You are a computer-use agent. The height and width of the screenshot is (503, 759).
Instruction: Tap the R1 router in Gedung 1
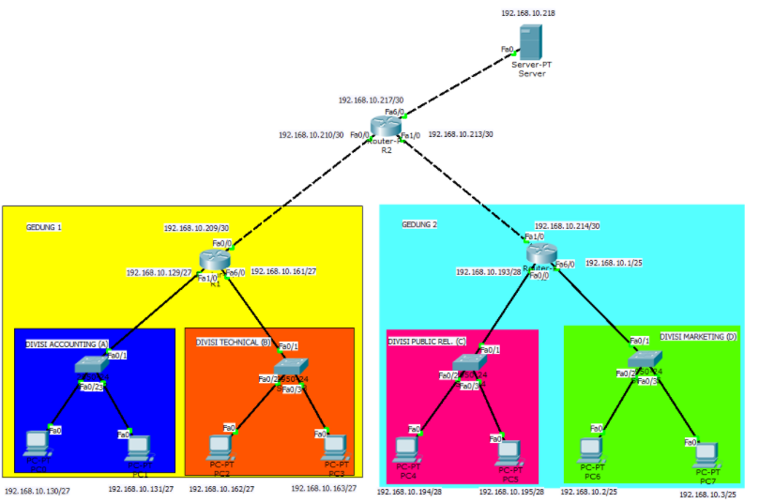[x=215, y=261]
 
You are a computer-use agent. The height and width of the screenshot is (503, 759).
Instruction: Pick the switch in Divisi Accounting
[x=93, y=367]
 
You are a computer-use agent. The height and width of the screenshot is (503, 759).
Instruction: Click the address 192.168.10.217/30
[x=372, y=99]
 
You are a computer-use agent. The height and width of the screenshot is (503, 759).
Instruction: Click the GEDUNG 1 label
[x=44, y=226]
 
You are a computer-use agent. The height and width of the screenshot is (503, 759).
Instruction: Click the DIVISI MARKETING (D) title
[x=698, y=336]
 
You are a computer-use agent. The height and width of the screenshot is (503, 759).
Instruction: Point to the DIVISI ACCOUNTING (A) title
[x=68, y=343]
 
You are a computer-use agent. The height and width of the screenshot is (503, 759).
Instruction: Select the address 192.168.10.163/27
[x=324, y=488]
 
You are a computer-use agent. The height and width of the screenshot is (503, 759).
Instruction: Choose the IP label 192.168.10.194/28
[x=409, y=491]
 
